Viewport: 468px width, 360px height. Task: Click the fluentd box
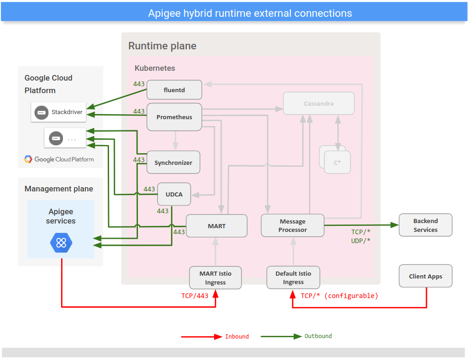[174, 90]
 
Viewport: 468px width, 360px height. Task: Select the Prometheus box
[174, 117]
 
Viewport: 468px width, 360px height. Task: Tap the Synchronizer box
[173, 163]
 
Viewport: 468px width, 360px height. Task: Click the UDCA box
[174, 194]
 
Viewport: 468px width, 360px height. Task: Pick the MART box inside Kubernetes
[217, 226]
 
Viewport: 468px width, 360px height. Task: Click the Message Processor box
[293, 226]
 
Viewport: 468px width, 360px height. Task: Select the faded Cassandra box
[318, 103]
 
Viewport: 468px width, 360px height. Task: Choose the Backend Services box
[425, 225]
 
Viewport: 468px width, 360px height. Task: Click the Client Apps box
[425, 276]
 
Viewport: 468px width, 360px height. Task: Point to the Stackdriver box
[59, 112]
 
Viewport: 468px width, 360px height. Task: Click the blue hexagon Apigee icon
[61, 242]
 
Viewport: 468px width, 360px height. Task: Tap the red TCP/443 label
[195, 296]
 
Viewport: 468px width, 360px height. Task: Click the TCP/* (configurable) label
[339, 296]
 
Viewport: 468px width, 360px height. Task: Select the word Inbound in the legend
[237, 337]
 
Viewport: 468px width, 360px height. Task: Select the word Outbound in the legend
[318, 336]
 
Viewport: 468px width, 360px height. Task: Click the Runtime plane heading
[162, 46]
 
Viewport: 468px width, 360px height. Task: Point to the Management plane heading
[59, 189]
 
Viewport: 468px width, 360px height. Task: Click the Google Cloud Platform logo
[59, 159]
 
